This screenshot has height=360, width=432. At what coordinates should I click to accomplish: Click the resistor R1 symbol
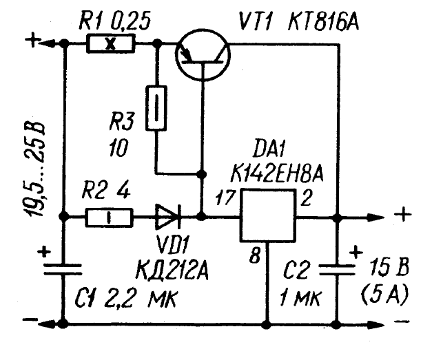[111, 45]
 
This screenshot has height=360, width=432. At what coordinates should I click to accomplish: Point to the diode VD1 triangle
[166, 218]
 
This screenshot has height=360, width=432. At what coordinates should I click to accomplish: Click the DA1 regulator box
[267, 216]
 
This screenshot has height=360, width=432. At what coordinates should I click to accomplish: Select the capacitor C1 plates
[63, 268]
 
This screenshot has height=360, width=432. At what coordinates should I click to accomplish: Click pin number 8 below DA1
[254, 257]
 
